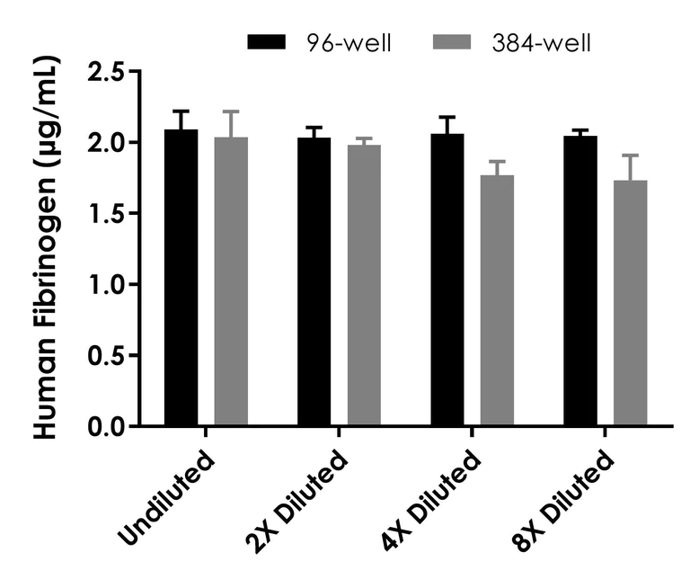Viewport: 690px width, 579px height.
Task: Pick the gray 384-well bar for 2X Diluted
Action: pos(364,285)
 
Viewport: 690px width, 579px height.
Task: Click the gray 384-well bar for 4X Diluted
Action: pos(497,300)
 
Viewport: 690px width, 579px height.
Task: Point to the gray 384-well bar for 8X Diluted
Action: pos(630,303)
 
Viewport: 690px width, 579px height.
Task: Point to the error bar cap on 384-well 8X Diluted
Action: pos(630,155)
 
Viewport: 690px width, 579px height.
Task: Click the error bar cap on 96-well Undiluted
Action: pos(181,111)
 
